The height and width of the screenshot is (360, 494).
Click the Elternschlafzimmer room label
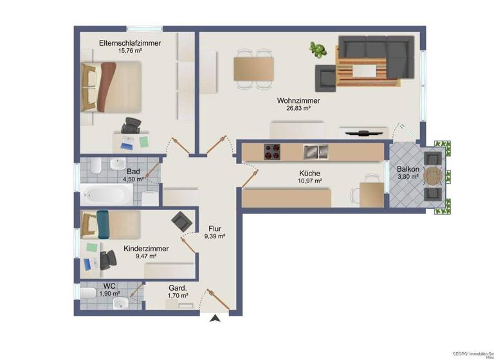(x=129, y=43)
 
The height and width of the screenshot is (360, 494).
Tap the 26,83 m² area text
(x=298, y=109)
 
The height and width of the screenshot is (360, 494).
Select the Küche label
(x=309, y=173)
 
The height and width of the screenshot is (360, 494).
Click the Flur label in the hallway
(x=215, y=228)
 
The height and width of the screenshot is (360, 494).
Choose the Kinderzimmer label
(x=147, y=248)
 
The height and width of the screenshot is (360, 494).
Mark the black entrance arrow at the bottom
(x=215, y=318)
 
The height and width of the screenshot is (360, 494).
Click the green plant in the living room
(x=317, y=50)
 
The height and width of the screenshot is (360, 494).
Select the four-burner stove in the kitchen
(x=272, y=152)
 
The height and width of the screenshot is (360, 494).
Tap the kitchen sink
(x=315, y=152)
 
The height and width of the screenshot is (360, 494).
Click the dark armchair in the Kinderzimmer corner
(x=181, y=222)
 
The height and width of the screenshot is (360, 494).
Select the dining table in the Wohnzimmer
(x=253, y=68)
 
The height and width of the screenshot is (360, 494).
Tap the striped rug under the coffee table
(x=365, y=69)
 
